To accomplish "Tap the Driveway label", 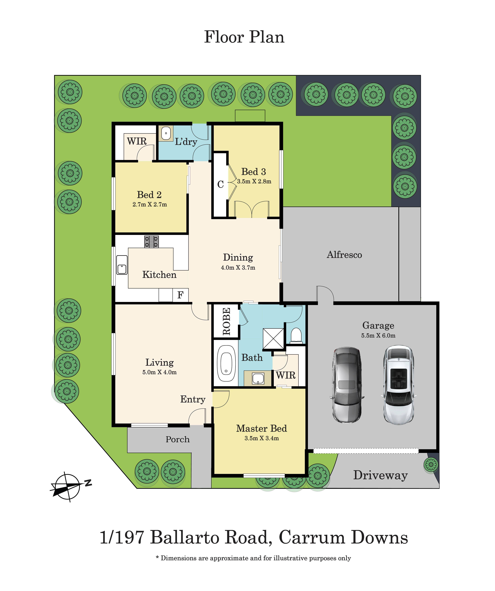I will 380,475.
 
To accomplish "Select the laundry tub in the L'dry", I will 166,133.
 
